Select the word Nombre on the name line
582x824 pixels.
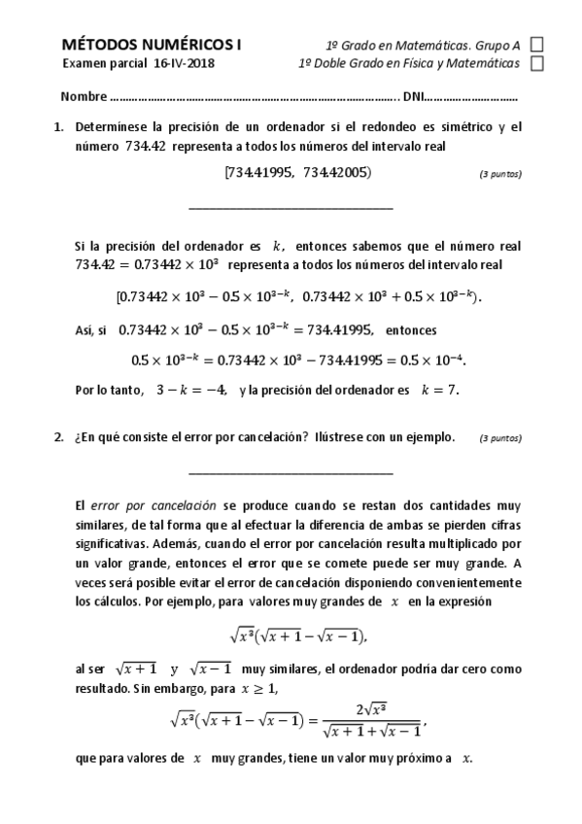coord(83,97)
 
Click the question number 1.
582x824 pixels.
coord(58,126)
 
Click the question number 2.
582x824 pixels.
coord(58,437)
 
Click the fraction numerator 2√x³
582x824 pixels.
coord(371,708)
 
